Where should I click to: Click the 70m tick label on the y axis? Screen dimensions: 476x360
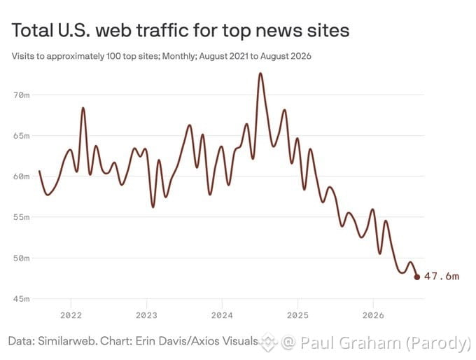(x=21, y=95)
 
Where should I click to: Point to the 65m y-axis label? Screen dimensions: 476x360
(x=21, y=136)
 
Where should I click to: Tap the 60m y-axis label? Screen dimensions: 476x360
(x=21, y=176)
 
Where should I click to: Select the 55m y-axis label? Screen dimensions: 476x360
(x=21, y=217)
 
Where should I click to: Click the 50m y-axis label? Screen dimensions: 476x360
(x=21, y=258)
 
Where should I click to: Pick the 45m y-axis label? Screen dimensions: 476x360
(x=21, y=299)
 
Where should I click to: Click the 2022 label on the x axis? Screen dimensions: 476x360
(x=71, y=315)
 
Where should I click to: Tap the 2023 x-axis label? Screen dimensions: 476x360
(x=146, y=315)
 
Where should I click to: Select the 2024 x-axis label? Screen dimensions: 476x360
(x=222, y=315)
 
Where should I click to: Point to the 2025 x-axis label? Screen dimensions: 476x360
(x=297, y=315)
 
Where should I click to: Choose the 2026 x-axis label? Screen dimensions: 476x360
(x=373, y=315)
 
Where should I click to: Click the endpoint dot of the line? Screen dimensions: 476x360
(x=417, y=277)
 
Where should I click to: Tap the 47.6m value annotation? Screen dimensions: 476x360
(x=442, y=277)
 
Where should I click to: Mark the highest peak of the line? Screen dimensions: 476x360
(x=260, y=74)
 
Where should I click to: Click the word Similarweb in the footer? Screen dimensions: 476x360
(x=67, y=341)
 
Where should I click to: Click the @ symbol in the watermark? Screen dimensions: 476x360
(x=288, y=342)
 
